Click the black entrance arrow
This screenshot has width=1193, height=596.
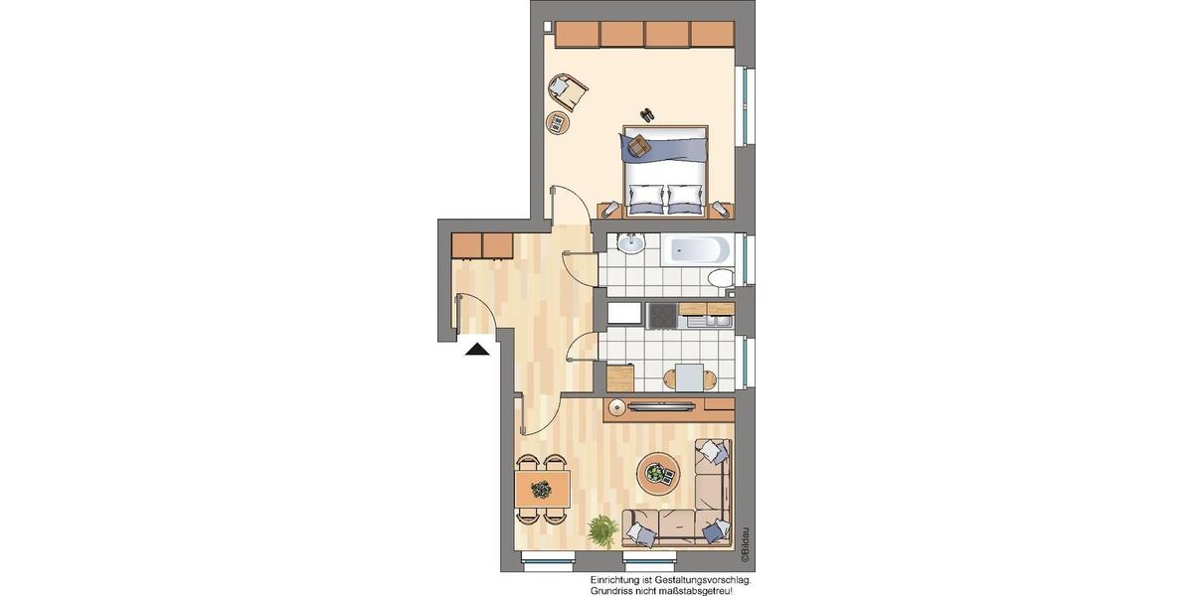tap(478, 349)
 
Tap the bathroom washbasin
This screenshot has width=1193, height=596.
tap(629, 244)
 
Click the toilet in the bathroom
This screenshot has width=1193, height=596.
tap(722, 277)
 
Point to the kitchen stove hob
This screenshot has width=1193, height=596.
tap(661, 315)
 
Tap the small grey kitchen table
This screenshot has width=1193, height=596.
tap(689, 376)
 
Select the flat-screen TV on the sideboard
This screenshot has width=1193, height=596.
tap(662, 404)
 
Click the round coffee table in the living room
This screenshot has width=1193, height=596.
tap(655, 471)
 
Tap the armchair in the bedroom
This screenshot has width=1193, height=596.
tap(569, 91)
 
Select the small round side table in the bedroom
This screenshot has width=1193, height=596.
tap(557, 122)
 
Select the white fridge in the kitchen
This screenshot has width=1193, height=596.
tap(624, 314)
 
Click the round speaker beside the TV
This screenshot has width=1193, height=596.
tap(617, 405)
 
